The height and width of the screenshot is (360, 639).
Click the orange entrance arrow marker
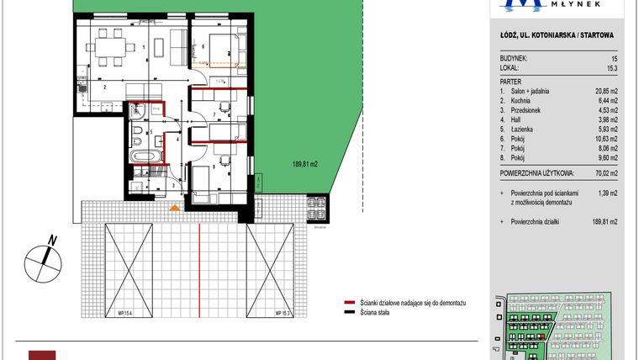[174, 206]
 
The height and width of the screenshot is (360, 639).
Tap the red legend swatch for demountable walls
[349, 302]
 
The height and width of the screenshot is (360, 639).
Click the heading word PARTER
[510, 80]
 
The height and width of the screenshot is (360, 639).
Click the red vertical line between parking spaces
[198, 269]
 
